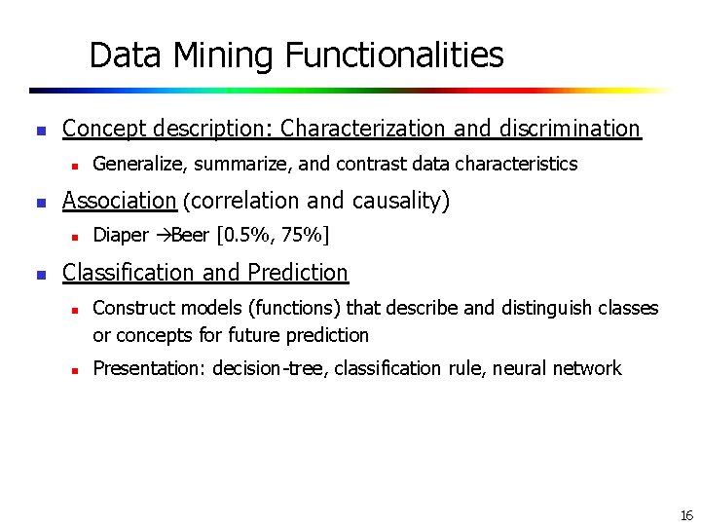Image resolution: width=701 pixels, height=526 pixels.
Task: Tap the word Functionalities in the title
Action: point(394,56)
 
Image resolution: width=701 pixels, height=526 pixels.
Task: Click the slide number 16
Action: point(686,515)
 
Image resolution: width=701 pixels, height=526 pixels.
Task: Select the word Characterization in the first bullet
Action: point(363,129)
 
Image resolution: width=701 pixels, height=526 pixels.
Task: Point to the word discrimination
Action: point(570,129)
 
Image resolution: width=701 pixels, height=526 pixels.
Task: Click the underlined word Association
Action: point(119,201)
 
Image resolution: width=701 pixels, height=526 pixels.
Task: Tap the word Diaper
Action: point(121,235)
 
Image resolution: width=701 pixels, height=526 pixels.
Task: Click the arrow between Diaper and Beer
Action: point(163,235)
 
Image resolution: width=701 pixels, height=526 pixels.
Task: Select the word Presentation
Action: point(148,368)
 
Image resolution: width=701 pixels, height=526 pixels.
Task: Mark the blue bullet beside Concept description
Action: point(41,130)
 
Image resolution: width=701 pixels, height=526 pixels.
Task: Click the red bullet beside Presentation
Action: point(74,369)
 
